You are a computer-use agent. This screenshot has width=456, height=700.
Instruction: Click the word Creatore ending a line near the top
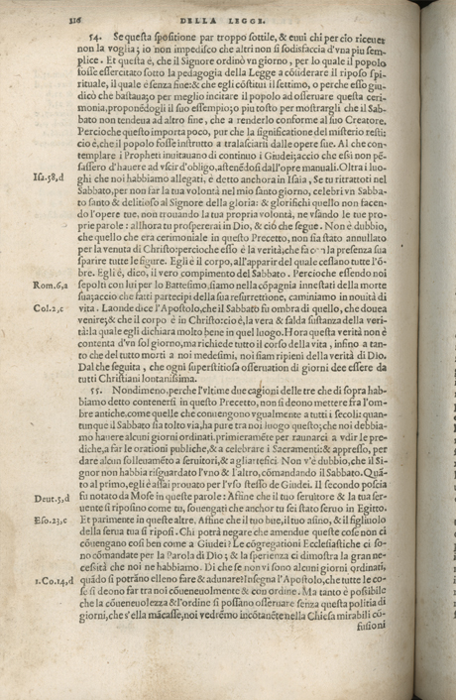click(377, 135)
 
